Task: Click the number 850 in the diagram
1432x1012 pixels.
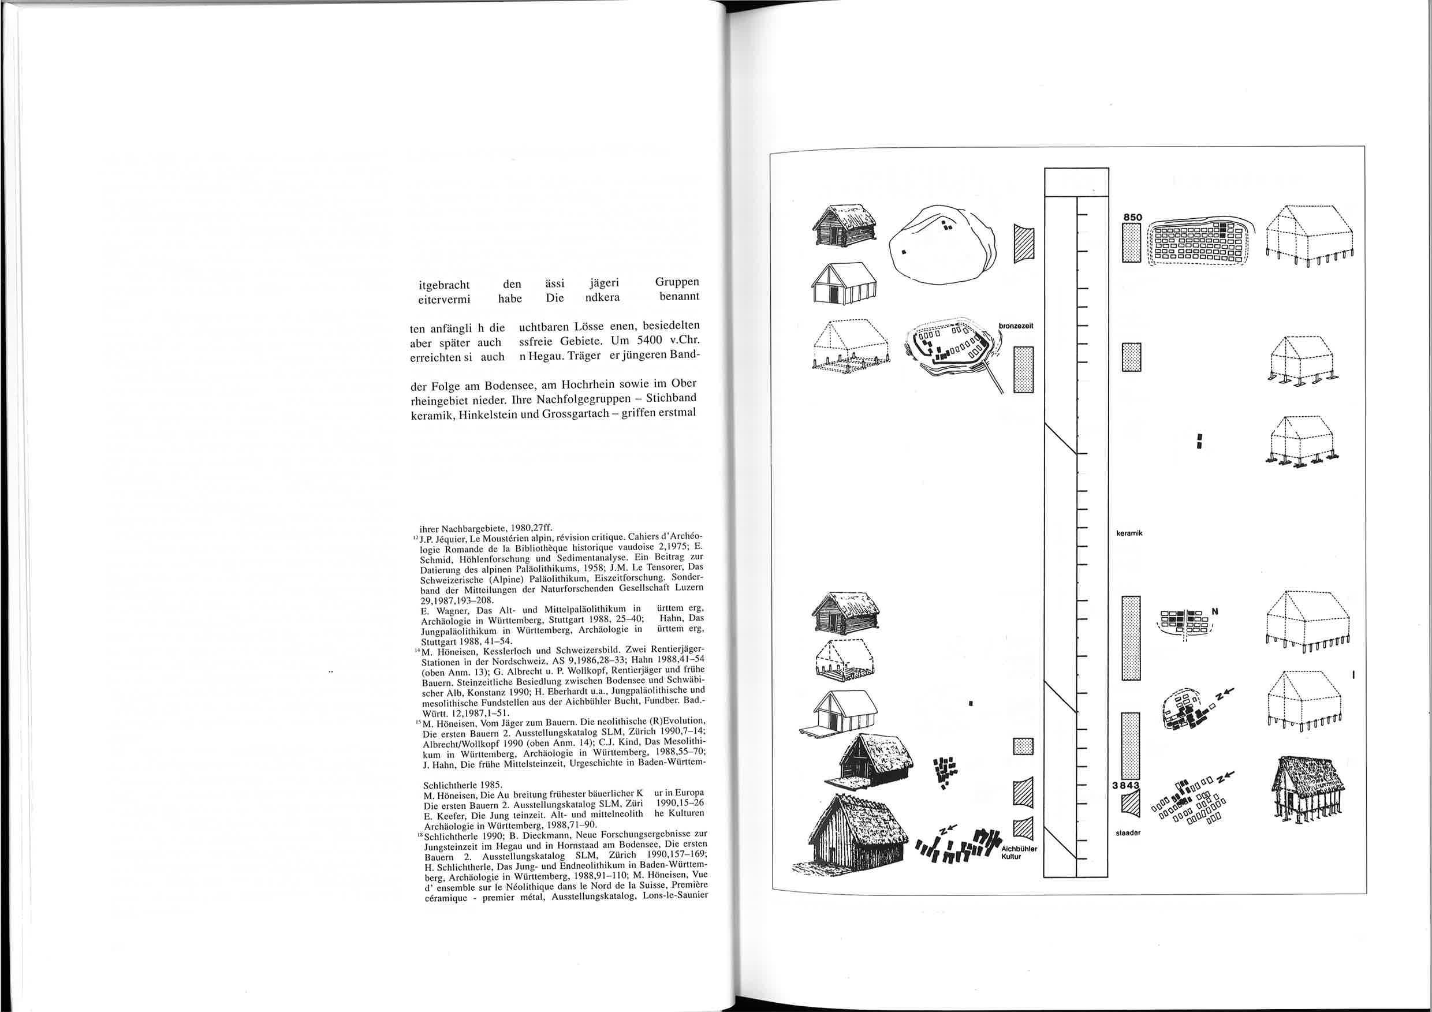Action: tap(1132, 217)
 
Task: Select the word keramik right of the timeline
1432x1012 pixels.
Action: tap(1129, 534)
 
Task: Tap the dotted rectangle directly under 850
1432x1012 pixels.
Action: tap(1131, 243)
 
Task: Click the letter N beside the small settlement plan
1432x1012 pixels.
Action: tap(1214, 611)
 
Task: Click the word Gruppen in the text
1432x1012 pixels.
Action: tap(677, 282)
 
